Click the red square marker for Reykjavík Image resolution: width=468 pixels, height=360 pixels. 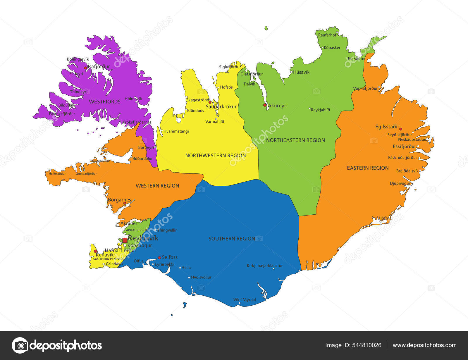(x=125, y=240)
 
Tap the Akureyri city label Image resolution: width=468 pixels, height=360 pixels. (x=278, y=106)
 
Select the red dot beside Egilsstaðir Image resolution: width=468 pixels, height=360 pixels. (x=401, y=129)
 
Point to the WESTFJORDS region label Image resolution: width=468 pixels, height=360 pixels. (x=105, y=102)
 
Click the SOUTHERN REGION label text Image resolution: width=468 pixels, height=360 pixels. (x=232, y=239)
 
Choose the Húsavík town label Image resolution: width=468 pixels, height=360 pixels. (x=301, y=72)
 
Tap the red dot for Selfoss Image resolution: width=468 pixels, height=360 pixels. (x=159, y=258)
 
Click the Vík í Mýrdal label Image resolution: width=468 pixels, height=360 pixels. (x=245, y=299)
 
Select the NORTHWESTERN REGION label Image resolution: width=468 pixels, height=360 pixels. (x=215, y=156)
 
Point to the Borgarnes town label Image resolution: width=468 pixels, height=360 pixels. (x=119, y=200)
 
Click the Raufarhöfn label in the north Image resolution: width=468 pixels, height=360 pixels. (x=328, y=35)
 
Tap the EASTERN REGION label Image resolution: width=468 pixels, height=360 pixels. (x=368, y=168)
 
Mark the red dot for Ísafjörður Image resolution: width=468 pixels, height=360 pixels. (x=85, y=68)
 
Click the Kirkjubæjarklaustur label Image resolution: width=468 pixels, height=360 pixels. (x=265, y=266)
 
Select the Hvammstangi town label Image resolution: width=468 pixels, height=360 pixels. (x=176, y=131)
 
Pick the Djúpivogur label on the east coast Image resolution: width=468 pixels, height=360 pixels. (x=400, y=183)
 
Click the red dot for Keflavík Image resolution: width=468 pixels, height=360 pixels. (x=95, y=251)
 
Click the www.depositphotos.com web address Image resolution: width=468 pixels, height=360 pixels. (x=424, y=345)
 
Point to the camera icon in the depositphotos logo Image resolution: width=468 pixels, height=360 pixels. (x=20, y=345)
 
